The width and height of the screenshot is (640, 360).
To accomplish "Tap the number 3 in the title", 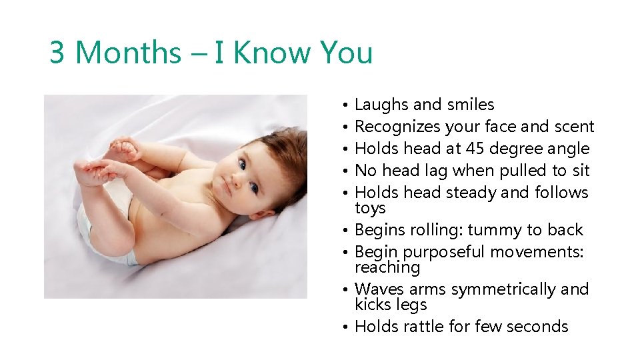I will (x=57, y=53).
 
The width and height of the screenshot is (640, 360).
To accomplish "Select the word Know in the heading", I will (x=269, y=53).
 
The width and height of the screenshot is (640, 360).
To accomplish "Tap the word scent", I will (x=574, y=127).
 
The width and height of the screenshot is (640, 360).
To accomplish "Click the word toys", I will (x=370, y=208).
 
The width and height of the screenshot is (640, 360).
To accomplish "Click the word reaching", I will (x=387, y=268).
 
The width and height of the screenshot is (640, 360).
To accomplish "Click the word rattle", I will (x=427, y=327).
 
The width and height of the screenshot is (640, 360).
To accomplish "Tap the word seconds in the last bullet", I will (x=537, y=327).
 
